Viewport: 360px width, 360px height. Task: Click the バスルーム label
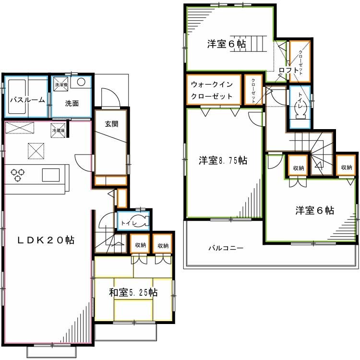pyautogui.click(x=27, y=100)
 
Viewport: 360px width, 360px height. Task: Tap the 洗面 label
pyautogui.click(x=72, y=103)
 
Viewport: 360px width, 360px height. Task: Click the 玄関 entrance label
pyautogui.click(x=111, y=123)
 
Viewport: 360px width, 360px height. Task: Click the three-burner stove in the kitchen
pyautogui.click(x=18, y=174)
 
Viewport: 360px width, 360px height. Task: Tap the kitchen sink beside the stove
pyautogui.click(x=50, y=175)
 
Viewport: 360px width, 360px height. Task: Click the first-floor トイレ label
pyautogui.click(x=128, y=223)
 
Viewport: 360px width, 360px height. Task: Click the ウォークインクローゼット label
pyautogui.click(x=212, y=90)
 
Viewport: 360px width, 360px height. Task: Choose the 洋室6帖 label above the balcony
pyautogui.click(x=314, y=210)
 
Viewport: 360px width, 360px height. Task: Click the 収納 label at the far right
pyautogui.click(x=347, y=168)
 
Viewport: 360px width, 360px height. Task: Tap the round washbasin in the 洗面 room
pyautogui.click(x=82, y=82)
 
